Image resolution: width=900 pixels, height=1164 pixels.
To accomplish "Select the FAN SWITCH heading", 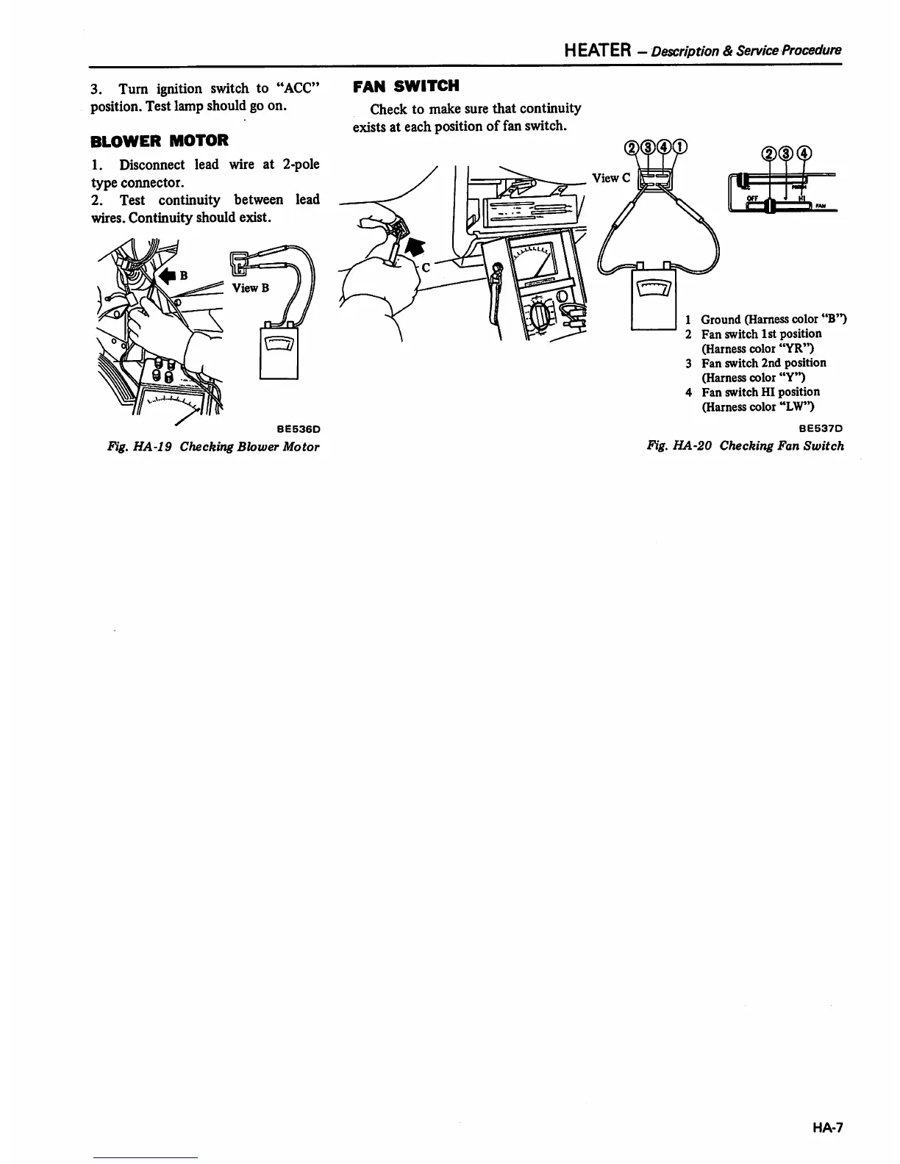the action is click(x=406, y=86).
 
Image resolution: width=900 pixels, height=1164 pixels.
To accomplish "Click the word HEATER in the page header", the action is click(x=597, y=50).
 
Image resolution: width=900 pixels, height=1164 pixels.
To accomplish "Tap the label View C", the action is click(x=610, y=178).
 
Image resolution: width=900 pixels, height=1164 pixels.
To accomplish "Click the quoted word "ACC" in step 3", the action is click(x=299, y=88).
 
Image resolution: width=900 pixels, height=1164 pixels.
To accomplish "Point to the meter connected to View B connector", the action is click(x=279, y=351).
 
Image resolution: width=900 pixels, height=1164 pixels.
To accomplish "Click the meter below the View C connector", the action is click(x=654, y=296).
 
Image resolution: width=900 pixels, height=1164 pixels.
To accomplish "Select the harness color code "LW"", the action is click(x=796, y=406).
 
